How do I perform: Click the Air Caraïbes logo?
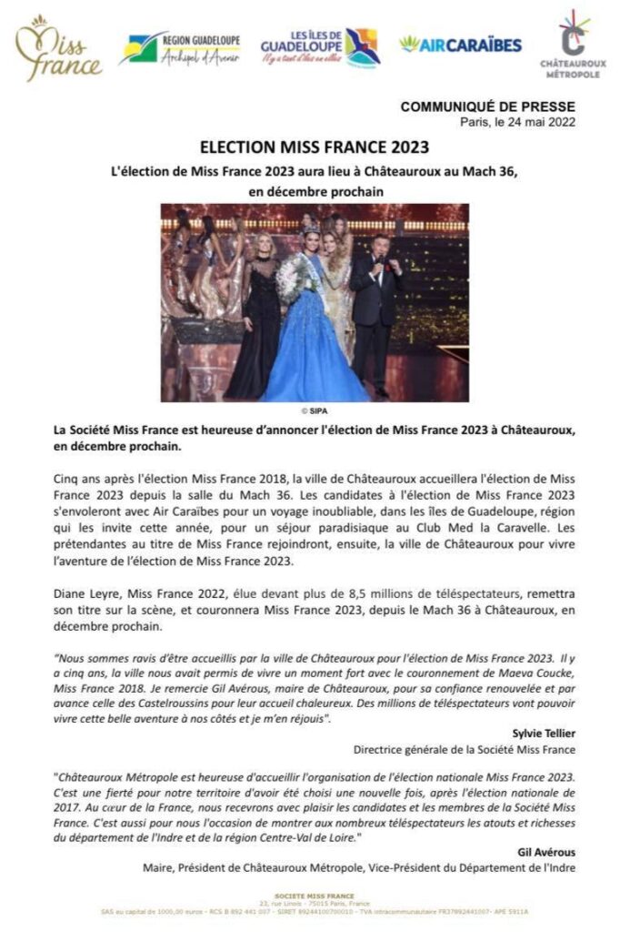(x=460, y=45)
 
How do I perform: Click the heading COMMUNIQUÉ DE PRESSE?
(x=487, y=107)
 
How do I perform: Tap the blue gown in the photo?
(x=311, y=350)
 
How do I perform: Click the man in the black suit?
(x=375, y=300)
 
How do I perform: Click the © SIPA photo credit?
(x=315, y=410)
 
